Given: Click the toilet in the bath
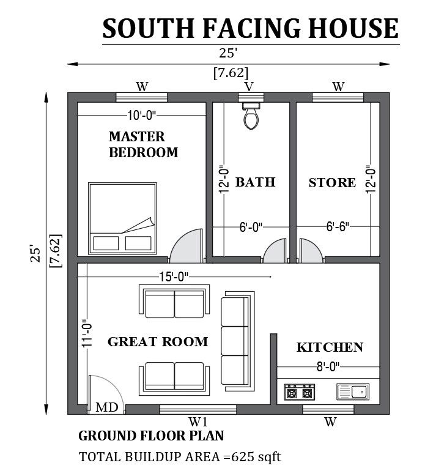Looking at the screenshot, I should click(251, 116).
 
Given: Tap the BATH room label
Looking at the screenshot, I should click(255, 182).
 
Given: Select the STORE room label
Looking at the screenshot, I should click(332, 183).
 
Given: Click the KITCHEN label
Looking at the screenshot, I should click(330, 347).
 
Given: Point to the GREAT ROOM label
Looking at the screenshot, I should click(158, 342).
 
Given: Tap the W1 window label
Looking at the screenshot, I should click(198, 421).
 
